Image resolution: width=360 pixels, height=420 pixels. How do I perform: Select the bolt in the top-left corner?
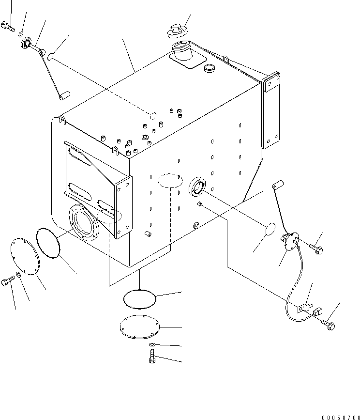[x=8, y=27]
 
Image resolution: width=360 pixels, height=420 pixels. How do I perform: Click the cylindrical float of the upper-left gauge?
[x=64, y=95]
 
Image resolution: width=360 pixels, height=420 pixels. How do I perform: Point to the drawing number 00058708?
[x=341, y=417]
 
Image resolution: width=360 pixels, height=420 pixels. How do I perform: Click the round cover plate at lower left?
[x=25, y=256]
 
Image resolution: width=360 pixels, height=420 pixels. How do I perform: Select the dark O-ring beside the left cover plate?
[x=48, y=243]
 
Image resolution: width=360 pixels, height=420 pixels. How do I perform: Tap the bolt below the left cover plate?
[x=8, y=281]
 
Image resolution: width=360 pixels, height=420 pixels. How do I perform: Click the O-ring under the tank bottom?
[x=140, y=299]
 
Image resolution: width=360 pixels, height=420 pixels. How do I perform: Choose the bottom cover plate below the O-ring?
[x=140, y=327]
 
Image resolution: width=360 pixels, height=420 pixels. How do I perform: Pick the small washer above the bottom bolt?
[x=152, y=344]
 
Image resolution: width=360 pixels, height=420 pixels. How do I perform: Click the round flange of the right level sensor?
[x=290, y=241]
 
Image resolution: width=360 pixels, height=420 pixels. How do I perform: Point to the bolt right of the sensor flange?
[x=316, y=249]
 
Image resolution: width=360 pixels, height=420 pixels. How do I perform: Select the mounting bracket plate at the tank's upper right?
[x=270, y=110]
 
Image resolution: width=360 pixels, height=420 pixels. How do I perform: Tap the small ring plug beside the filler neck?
[x=209, y=68]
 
